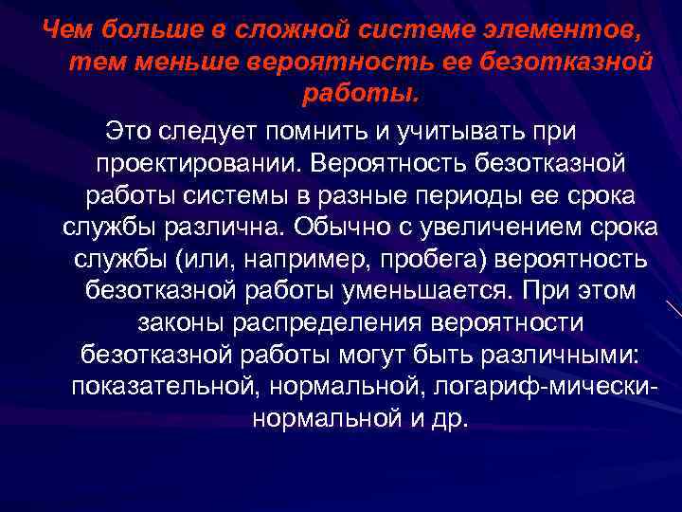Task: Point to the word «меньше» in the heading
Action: coord(174,63)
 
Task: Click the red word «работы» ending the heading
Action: coord(357,95)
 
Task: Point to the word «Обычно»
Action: coord(339,227)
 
